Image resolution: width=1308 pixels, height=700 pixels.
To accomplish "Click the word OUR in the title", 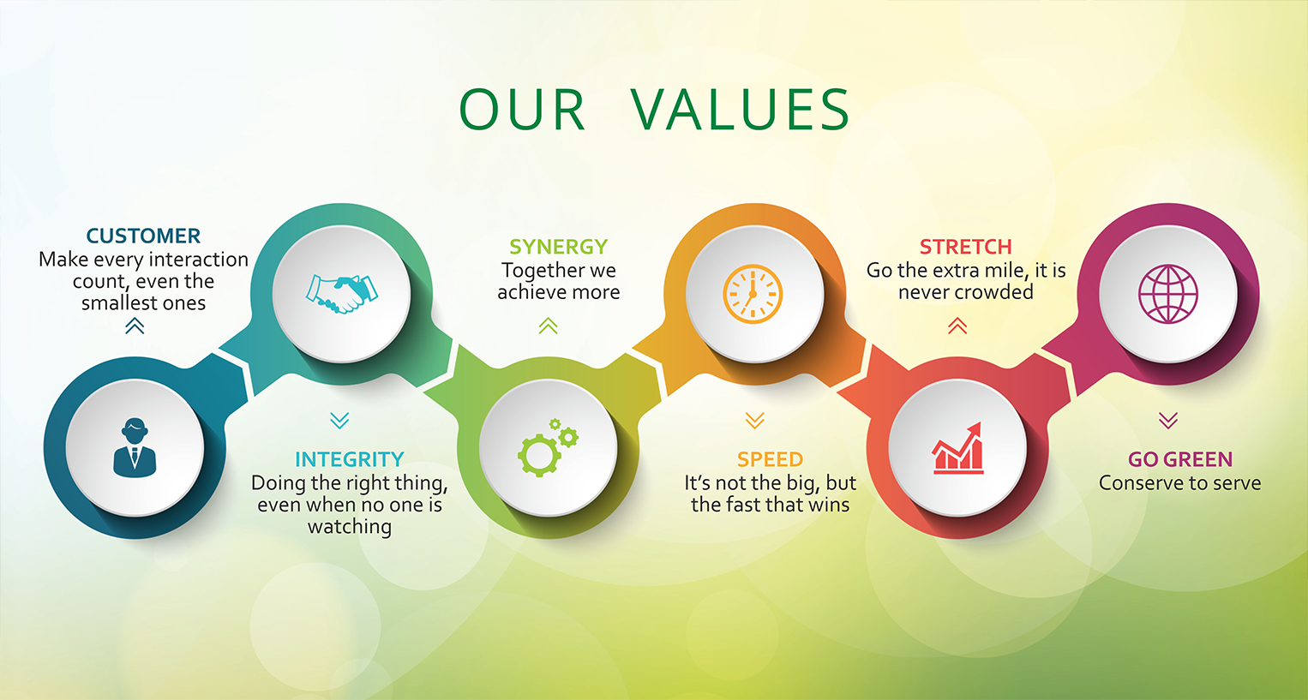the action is pos(521,110).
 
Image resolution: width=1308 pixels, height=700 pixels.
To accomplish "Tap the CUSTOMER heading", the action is pos(143,236).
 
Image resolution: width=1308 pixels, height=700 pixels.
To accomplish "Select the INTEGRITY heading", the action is pos(349,459).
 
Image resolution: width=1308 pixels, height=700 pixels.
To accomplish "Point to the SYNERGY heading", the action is pos(558,247).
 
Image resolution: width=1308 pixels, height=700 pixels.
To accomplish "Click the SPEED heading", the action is pos(770,459).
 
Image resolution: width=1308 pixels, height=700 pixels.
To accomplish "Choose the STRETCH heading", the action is pos(966,247).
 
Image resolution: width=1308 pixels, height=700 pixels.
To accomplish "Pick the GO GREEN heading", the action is pos(1180,459).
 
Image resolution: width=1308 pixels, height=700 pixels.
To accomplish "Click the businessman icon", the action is pos(135,448).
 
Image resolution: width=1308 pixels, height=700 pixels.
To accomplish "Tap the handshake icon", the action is pos(342,294).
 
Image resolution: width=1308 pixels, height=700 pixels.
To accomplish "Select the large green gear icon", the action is pos(539,455).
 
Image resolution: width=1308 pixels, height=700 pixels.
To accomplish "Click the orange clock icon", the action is pos(753,294).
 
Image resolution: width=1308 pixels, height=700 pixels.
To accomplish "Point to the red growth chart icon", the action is pos(957,448).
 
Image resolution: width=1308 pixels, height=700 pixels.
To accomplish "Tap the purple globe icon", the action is pos(1167,294).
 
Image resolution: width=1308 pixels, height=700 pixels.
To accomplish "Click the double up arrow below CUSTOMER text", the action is pos(135,326).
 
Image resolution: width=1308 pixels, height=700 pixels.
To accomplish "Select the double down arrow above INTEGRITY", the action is pos(339,421).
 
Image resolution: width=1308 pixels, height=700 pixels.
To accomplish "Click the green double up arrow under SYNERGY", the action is pos(549,326).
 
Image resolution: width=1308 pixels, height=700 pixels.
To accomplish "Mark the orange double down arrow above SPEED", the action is pos(754,421).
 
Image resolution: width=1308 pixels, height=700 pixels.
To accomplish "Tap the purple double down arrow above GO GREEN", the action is pos(1168,421).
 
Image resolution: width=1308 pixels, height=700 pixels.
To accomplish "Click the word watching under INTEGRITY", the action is pos(349,527).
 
